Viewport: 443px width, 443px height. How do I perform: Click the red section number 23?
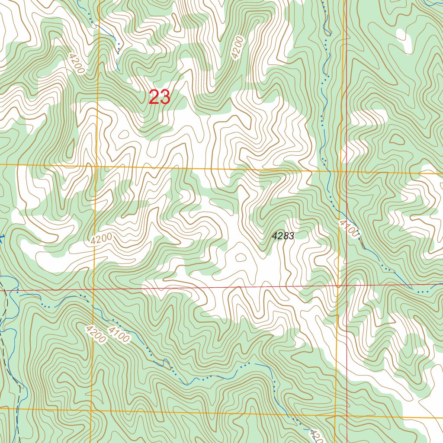(x=159, y=97)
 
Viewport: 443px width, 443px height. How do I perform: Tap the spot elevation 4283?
(x=283, y=236)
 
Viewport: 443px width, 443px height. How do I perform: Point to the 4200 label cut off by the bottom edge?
(x=316, y=436)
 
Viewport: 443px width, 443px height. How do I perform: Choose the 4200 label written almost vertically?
(x=237, y=48)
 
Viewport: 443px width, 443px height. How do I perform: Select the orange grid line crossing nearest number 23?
(x=96, y=165)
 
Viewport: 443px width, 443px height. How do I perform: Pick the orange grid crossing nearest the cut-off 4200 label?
(x=336, y=417)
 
